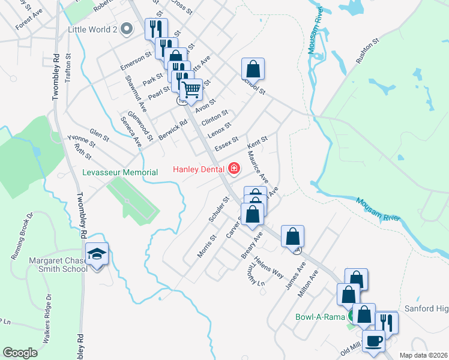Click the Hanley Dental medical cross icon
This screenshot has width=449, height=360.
click(234, 169)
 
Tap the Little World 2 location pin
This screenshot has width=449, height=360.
click(127, 28)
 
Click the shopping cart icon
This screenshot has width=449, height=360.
click(191, 91)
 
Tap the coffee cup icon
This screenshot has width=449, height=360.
click(373, 341)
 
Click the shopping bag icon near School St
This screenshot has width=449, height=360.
click(253, 68)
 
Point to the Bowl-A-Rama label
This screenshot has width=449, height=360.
click(318, 317)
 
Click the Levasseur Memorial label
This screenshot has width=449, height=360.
click(119, 172)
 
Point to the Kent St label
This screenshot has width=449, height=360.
click(257, 144)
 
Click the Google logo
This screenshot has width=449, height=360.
click(20, 353)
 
